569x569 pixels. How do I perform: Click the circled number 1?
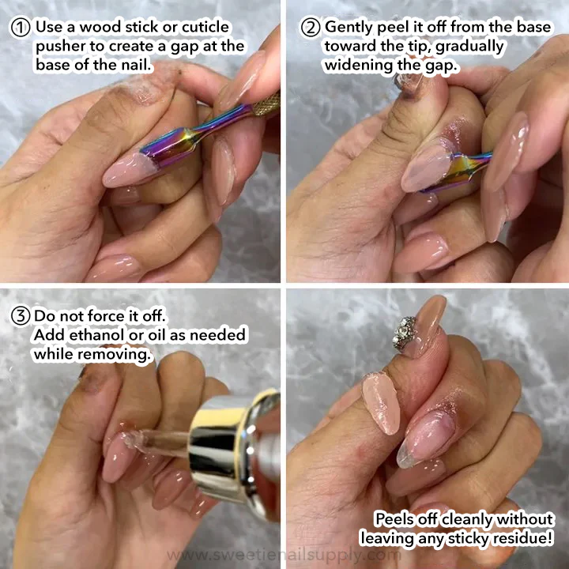point(21,28)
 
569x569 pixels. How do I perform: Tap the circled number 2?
point(311,28)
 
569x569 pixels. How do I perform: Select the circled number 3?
point(21,316)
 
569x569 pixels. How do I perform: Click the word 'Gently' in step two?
point(349,28)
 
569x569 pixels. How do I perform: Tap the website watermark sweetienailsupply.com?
point(284,555)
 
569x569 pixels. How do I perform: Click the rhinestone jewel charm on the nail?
point(405,333)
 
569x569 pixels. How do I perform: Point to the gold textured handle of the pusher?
point(267,104)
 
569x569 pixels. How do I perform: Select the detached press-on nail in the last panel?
point(381,403)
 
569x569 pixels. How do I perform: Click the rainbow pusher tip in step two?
point(456,172)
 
